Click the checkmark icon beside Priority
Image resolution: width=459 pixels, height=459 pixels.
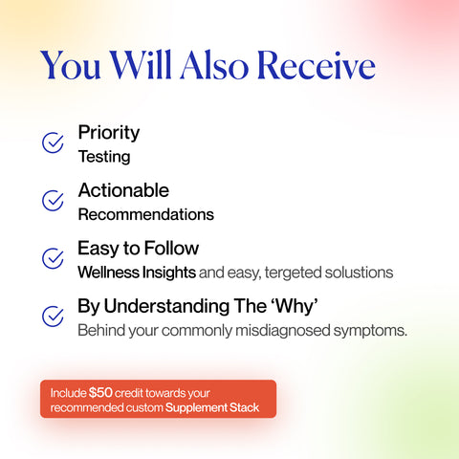pyautogui.click(x=54, y=142)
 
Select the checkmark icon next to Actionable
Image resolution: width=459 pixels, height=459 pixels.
pyautogui.click(x=54, y=200)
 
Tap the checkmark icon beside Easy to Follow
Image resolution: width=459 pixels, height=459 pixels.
pyautogui.click(x=54, y=258)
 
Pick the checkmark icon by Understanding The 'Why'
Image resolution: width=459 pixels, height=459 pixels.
pyautogui.click(x=54, y=316)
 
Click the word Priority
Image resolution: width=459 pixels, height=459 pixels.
pyautogui.click(x=108, y=133)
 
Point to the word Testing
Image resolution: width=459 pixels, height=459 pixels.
pyautogui.click(x=103, y=156)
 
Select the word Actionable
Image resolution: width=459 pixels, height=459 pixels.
pyautogui.click(x=123, y=190)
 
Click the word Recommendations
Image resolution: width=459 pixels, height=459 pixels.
pyautogui.click(x=145, y=214)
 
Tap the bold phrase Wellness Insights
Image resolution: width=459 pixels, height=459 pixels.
pyautogui.click(x=137, y=273)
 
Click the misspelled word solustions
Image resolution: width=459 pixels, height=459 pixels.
pyautogui.click(x=359, y=273)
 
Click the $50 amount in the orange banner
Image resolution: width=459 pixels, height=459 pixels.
pyautogui.click(x=100, y=392)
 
